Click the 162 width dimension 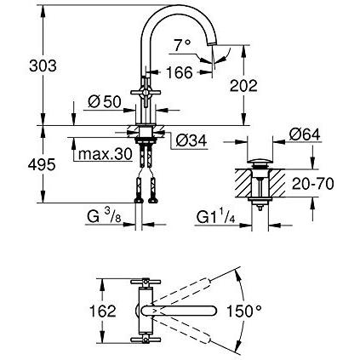103,311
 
